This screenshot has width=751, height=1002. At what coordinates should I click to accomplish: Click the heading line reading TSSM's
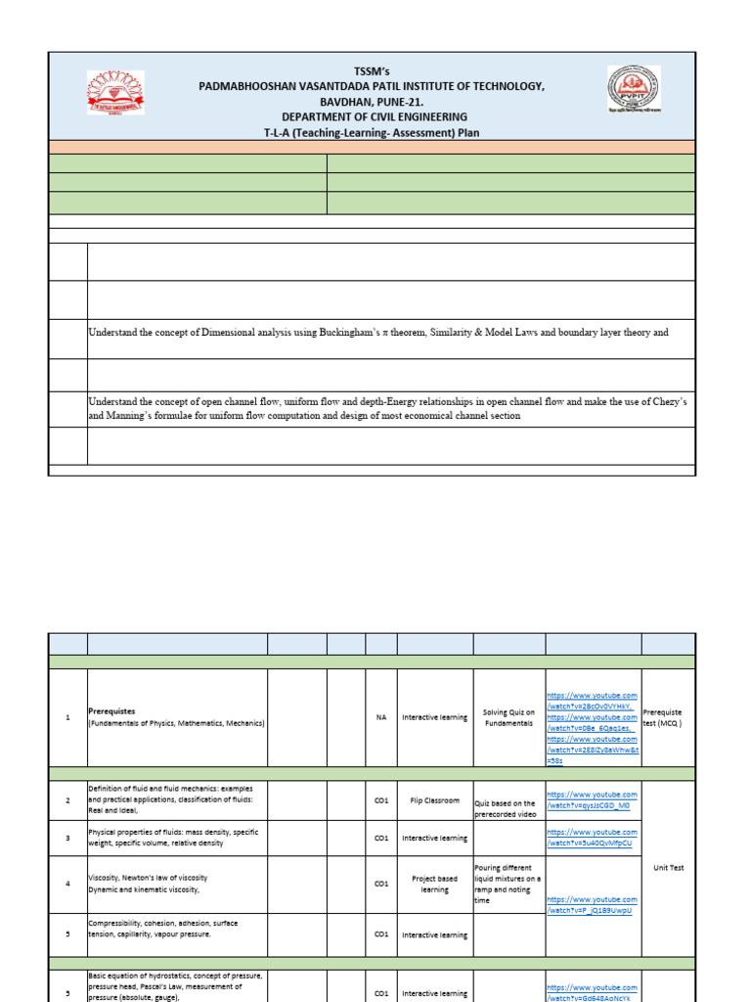click(371, 70)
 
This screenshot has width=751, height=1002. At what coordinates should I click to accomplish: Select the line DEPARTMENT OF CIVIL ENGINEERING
click(371, 116)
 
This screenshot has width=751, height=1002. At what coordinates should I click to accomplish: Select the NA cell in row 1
click(381, 717)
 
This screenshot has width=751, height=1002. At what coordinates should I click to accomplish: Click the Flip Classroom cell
click(434, 800)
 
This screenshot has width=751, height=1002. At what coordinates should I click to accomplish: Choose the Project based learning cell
click(434, 885)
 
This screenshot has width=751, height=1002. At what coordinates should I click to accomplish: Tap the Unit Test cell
click(668, 868)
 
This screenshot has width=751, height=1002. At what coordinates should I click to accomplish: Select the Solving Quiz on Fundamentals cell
click(508, 717)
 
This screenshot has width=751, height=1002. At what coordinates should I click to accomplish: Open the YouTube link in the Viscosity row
click(592, 905)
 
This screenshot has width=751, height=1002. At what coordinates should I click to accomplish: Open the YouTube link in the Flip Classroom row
click(592, 800)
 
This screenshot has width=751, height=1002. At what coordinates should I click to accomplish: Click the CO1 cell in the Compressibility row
click(381, 934)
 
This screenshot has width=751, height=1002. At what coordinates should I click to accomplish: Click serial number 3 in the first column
click(67, 839)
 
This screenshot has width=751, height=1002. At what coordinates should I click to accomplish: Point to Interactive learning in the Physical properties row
click(434, 839)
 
